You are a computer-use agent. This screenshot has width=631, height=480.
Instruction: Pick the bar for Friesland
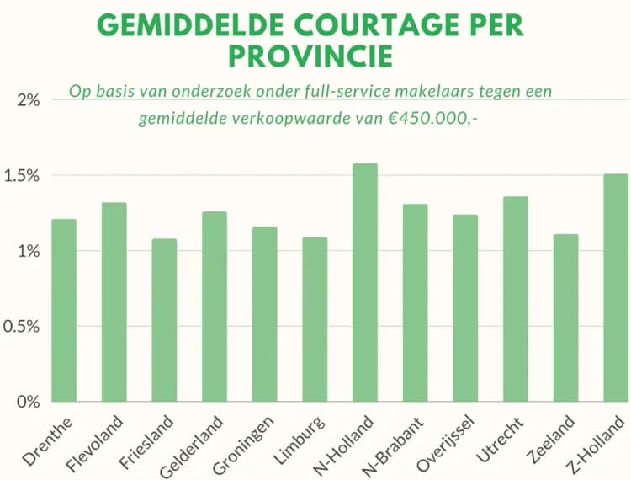point(164,320)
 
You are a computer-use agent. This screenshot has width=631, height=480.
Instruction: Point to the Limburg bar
point(315,319)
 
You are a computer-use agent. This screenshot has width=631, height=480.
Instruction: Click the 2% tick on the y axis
point(29,101)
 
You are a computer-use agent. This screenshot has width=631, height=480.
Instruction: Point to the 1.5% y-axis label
point(24,176)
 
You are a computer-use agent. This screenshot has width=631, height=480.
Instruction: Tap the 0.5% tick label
point(24,326)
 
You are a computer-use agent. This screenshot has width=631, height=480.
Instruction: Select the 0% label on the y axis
point(29,402)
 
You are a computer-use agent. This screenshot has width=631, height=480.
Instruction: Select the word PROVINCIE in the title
point(311,56)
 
